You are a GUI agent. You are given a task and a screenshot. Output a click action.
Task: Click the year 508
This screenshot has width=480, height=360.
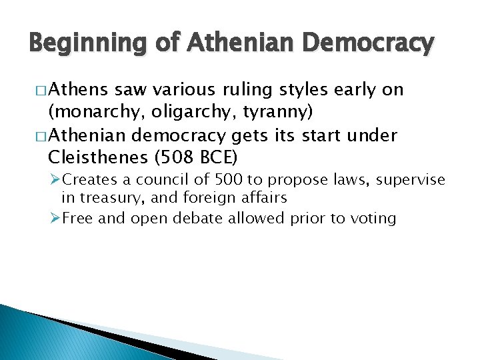(x=185, y=159)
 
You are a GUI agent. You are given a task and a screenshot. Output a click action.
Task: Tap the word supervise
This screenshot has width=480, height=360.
(x=411, y=181)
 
